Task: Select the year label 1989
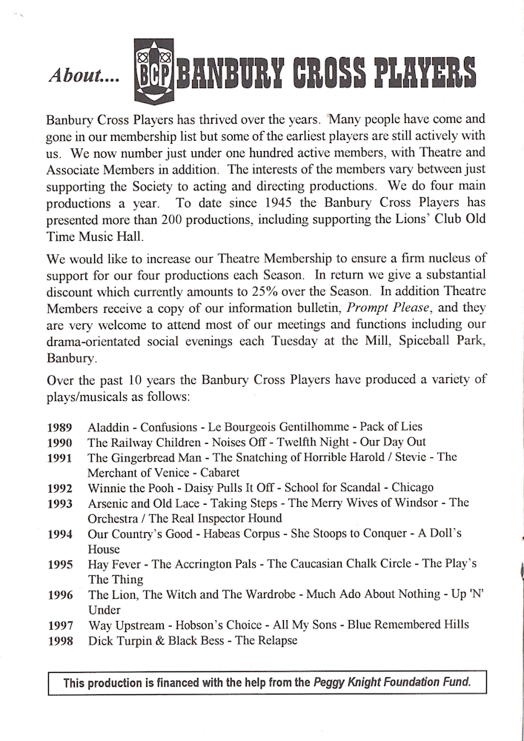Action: [x=59, y=428]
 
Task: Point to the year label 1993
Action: [x=59, y=504]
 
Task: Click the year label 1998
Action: [x=59, y=641]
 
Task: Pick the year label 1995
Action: [x=59, y=565]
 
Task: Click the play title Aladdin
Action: [x=109, y=427]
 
